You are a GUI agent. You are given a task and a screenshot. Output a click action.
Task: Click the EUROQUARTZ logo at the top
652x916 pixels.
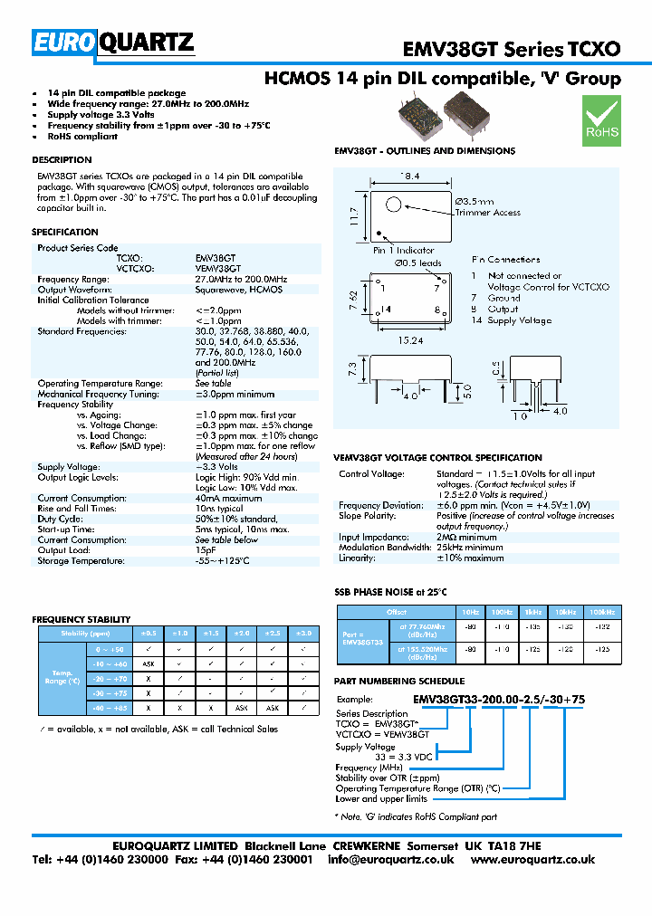(113, 43)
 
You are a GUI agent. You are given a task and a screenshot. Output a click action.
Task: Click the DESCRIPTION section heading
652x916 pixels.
(62, 160)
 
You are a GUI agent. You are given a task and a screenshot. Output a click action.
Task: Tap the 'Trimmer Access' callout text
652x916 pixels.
(487, 213)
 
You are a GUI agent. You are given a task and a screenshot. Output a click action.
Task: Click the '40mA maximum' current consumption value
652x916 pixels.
(228, 499)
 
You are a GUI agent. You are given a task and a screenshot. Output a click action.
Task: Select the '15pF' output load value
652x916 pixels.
(206, 550)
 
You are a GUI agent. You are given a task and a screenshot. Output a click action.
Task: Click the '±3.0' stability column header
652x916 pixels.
(304, 634)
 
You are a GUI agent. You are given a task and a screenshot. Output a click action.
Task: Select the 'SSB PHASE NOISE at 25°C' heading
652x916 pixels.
(391, 592)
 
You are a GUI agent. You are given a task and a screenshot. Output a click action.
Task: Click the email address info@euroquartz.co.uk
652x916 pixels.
(390, 859)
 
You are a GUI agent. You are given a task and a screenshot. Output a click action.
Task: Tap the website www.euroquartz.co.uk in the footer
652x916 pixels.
(532, 859)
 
